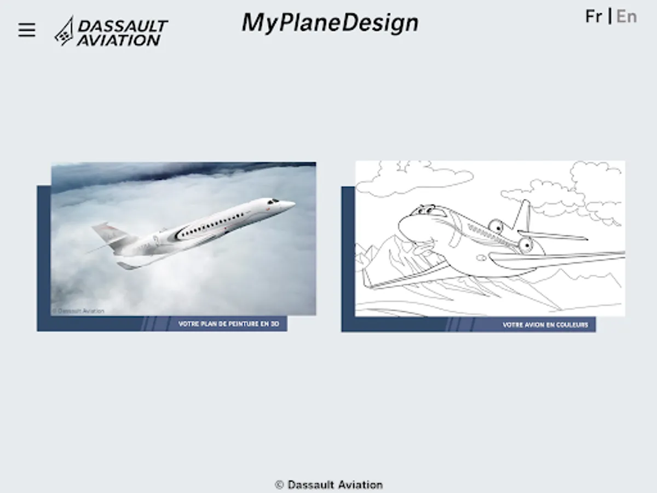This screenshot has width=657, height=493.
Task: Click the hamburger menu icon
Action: [x=27, y=30]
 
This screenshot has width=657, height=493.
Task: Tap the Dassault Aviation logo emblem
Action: [x=64, y=31]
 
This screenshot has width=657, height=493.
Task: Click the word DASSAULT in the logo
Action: [x=123, y=26]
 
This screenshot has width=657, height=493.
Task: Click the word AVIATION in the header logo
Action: [x=118, y=40]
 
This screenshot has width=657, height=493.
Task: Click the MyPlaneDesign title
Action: [x=330, y=23]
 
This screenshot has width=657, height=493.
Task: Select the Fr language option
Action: [x=594, y=16]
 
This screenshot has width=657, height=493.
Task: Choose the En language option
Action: [x=626, y=16]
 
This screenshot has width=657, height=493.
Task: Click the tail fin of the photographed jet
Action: [x=105, y=233]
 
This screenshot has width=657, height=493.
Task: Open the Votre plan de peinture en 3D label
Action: [x=229, y=324]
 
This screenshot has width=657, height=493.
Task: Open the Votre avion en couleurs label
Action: [x=545, y=325]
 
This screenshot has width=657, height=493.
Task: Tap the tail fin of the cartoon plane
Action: [x=523, y=215]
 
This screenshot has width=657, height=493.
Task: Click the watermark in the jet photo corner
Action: [x=78, y=311]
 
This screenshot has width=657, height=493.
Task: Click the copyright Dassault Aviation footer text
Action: [x=329, y=485]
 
